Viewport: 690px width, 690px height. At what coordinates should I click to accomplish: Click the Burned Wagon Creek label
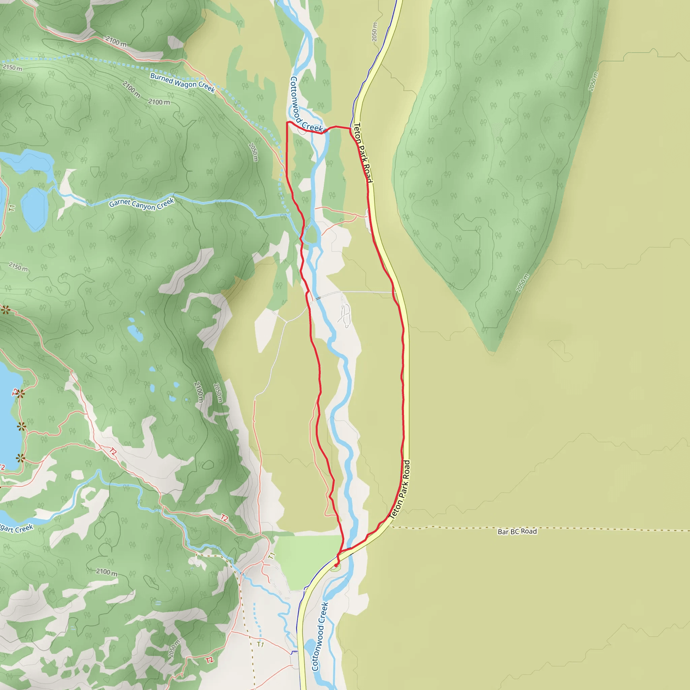[x=183, y=83]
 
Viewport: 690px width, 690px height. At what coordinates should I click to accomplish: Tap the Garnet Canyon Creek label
[x=142, y=203]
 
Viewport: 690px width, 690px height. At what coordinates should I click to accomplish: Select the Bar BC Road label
[x=517, y=531]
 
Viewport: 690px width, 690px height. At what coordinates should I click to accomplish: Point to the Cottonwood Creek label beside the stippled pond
[x=320, y=636]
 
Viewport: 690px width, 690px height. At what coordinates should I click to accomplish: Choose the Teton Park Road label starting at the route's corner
[x=363, y=153]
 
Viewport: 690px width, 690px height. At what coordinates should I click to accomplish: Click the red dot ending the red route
[x=336, y=565]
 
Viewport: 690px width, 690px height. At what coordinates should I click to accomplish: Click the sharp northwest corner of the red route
[x=287, y=123]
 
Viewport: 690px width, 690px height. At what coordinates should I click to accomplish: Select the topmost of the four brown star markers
[x=5, y=309]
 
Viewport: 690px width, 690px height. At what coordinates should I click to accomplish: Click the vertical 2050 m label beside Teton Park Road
[x=374, y=32]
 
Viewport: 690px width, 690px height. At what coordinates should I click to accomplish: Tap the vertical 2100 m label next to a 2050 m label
[x=198, y=392]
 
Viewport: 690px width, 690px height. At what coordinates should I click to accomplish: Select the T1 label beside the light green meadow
[x=272, y=555]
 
